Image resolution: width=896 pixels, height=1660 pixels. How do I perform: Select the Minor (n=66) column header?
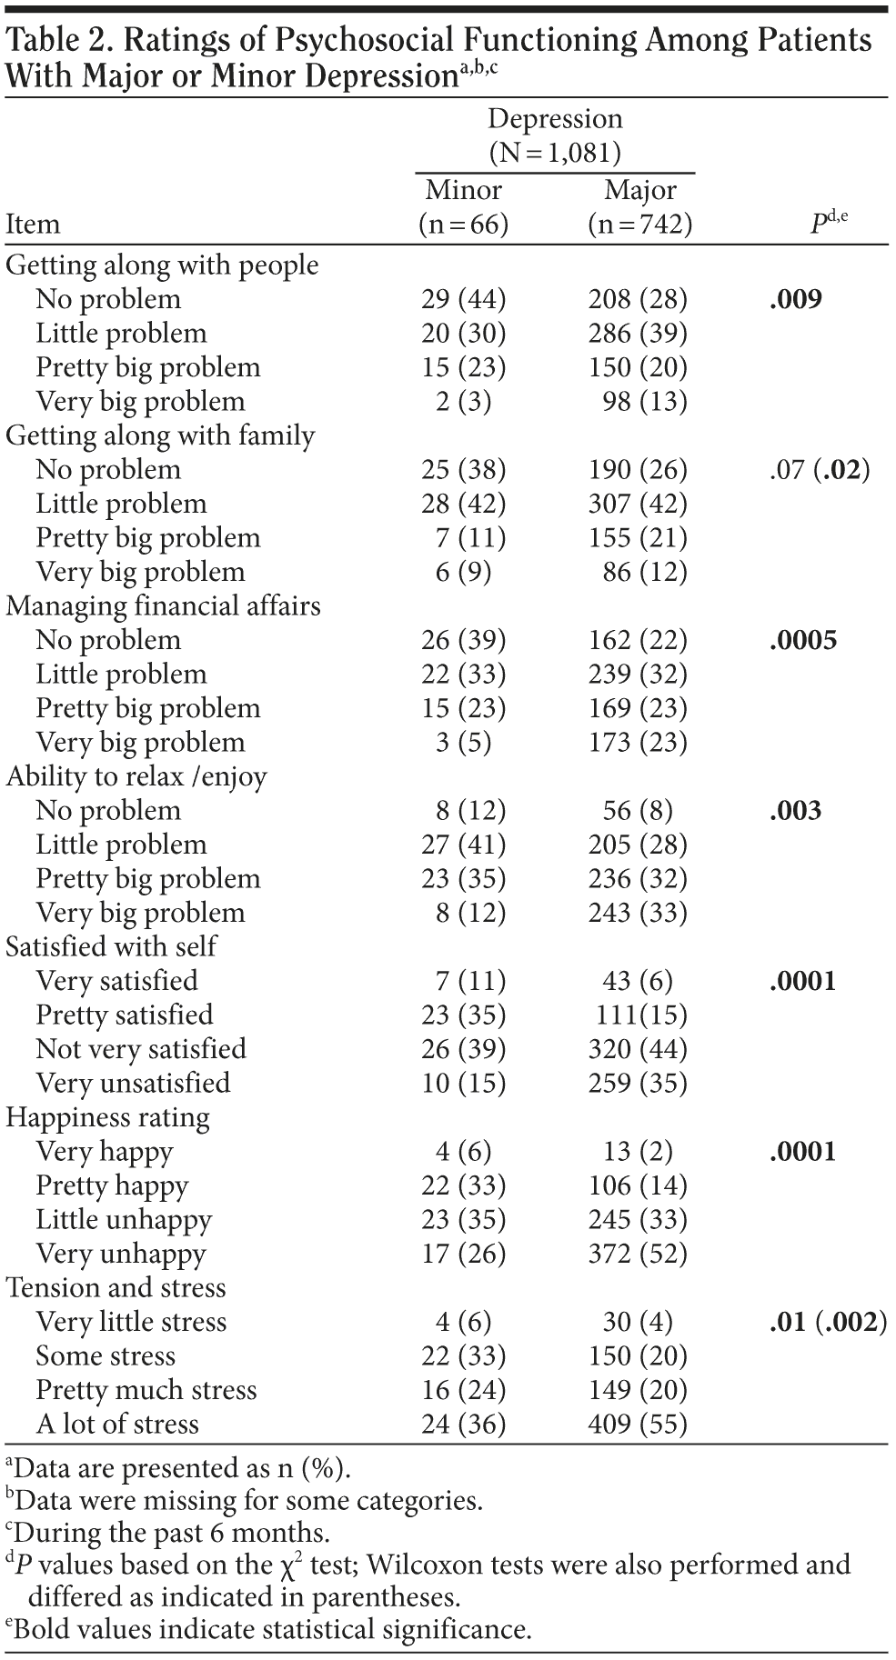463,207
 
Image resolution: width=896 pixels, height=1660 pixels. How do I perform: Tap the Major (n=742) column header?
639,207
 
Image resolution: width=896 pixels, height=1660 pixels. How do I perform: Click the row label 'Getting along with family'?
160,435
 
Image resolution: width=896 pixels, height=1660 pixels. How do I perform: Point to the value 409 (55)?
638,1424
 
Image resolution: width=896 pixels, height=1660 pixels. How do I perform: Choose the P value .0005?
802,640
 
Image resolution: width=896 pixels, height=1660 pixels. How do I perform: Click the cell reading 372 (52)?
638,1254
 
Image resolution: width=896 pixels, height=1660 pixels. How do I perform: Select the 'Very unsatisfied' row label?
133,1083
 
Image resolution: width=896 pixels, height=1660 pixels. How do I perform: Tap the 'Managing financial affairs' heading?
163,605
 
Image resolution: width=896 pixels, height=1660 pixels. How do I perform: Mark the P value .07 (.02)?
819,470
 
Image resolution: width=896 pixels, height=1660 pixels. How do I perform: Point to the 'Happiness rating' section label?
107,1117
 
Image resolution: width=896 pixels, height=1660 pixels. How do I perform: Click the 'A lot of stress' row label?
117,1424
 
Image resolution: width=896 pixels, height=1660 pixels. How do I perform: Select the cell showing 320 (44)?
638,1049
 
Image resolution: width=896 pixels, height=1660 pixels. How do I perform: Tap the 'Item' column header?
33,225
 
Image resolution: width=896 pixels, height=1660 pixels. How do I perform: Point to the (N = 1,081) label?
555,153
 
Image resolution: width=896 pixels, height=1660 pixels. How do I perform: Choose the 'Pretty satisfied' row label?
125,1015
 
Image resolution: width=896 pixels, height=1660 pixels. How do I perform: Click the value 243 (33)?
638,913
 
